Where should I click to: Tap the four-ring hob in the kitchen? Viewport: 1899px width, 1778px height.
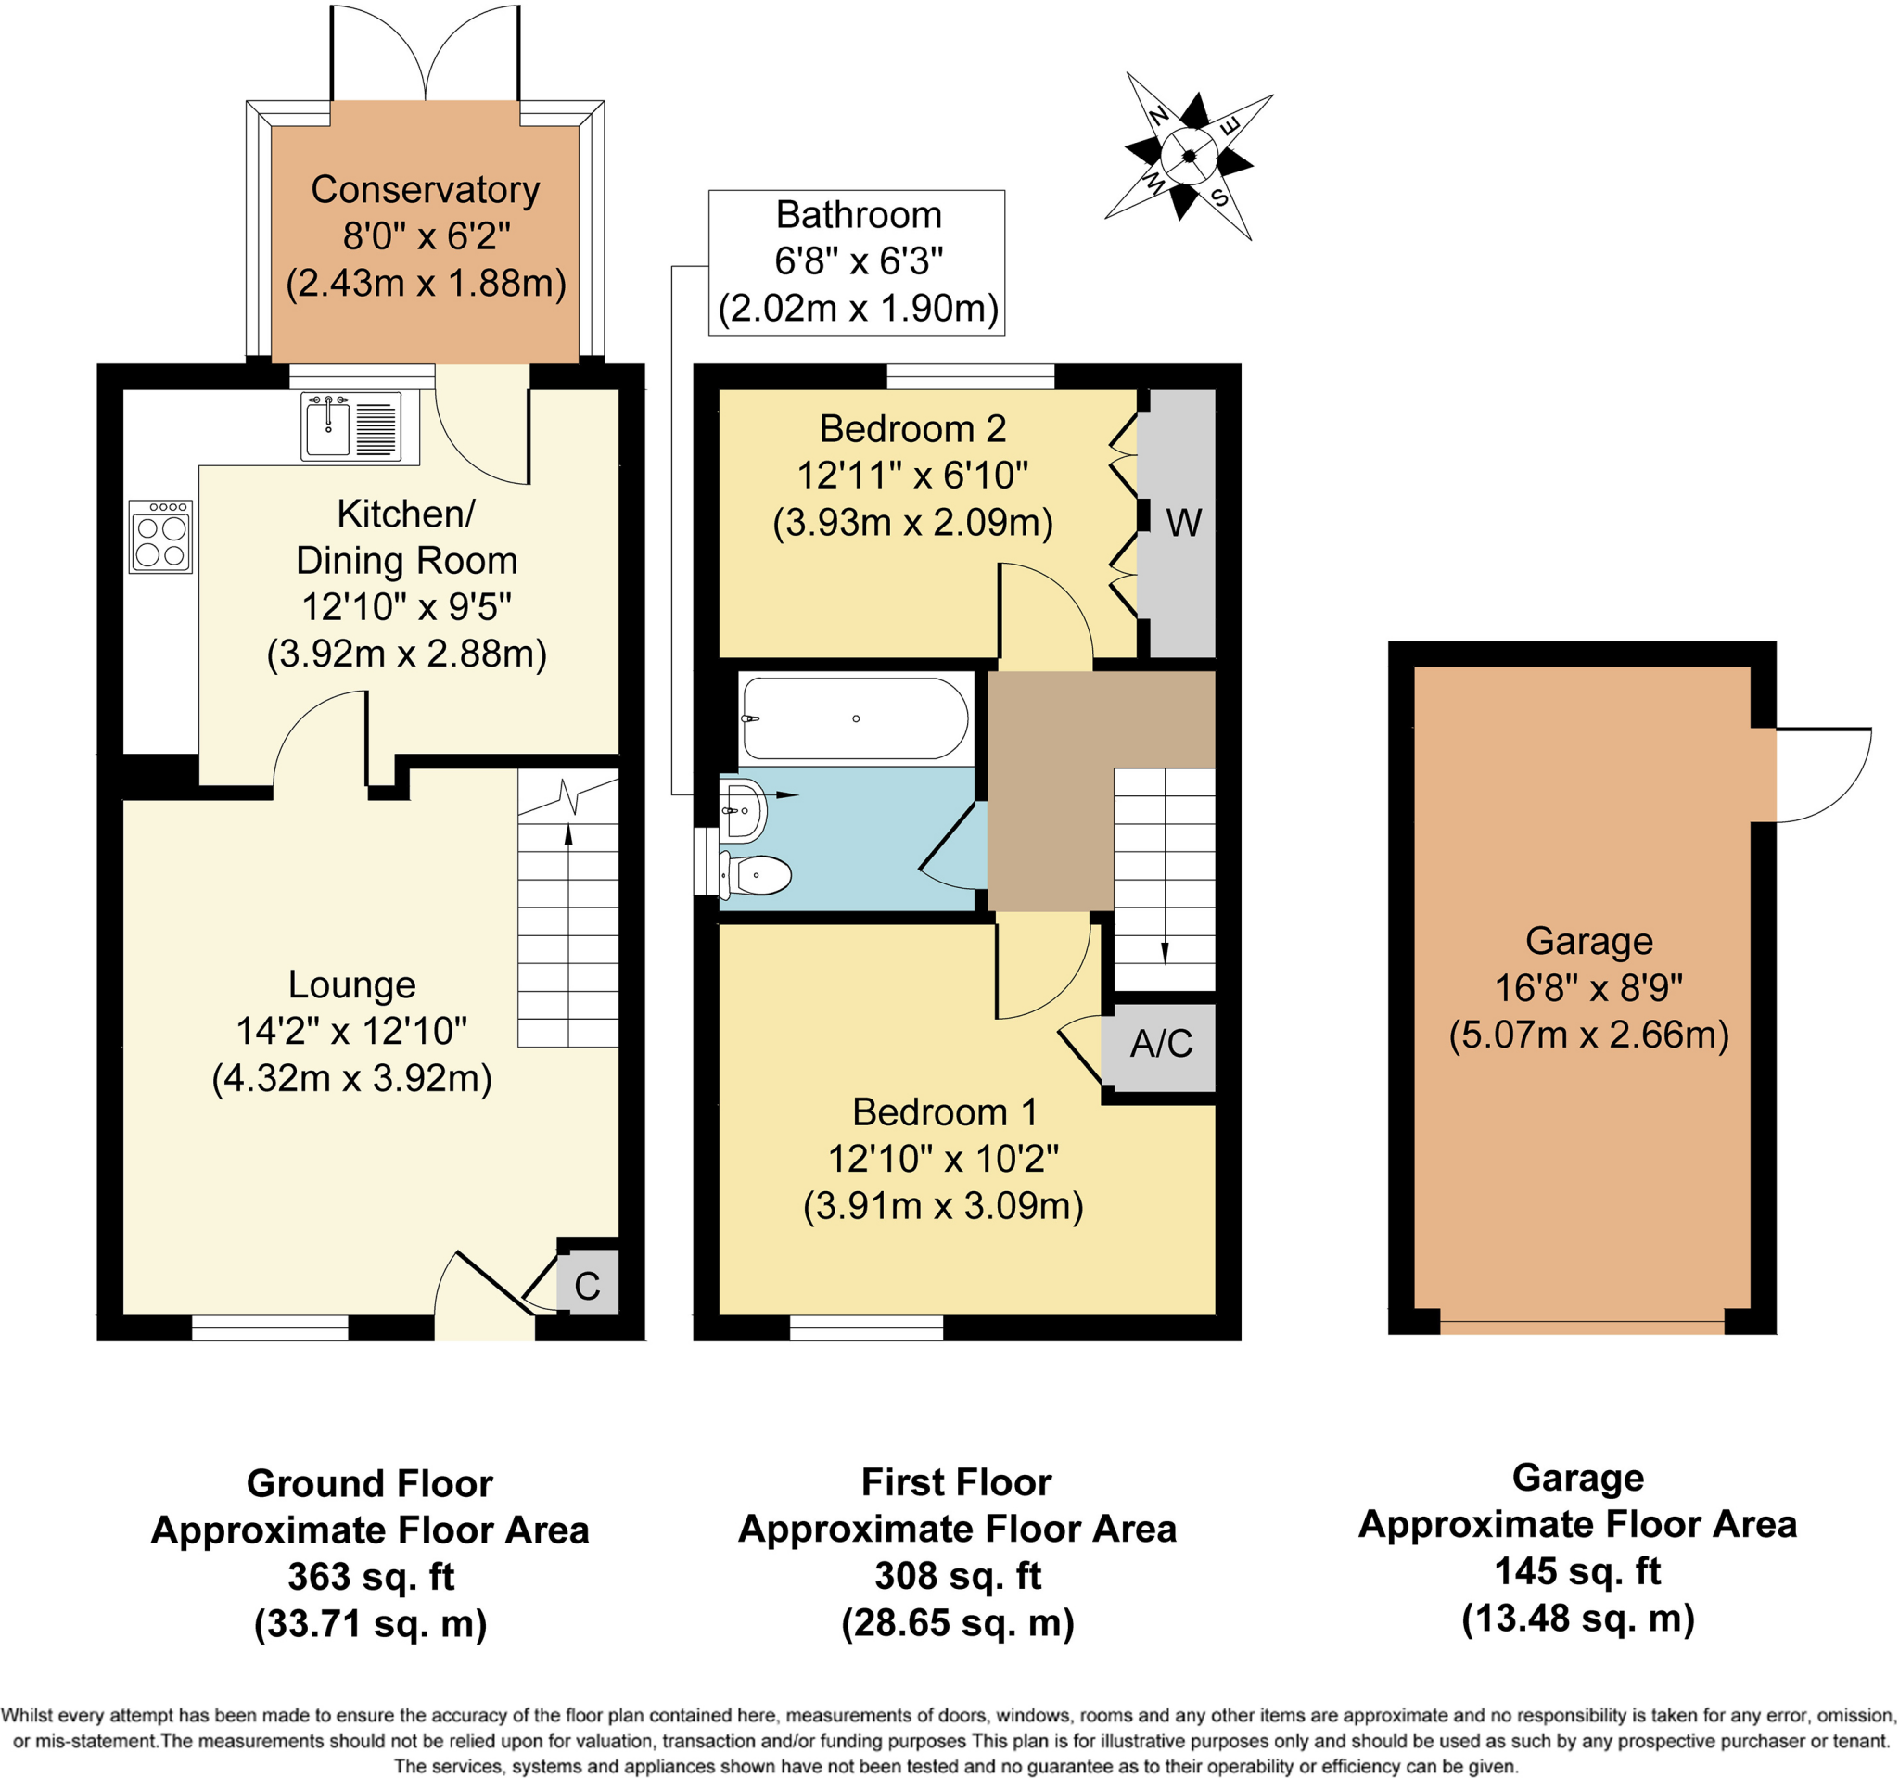tap(160, 538)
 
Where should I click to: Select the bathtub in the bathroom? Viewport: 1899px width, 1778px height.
tap(855, 718)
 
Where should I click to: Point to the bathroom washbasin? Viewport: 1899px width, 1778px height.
tap(745, 811)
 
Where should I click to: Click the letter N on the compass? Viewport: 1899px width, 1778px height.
tap(1158, 116)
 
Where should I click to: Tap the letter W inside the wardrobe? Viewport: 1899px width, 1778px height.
tap(1183, 523)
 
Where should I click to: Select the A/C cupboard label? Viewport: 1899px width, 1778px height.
tap(1161, 1044)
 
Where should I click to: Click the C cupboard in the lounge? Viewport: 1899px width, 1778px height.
tap(588, 1287)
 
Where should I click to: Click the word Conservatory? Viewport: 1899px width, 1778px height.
tap(425, 189)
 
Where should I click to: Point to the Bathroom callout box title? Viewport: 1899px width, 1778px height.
tap(858, 215)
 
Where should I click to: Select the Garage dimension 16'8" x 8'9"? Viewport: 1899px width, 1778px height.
tap(1588, 988)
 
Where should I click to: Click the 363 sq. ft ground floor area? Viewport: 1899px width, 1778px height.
tap(371, 1577)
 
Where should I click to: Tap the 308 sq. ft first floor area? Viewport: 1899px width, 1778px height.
tap(957, 1576)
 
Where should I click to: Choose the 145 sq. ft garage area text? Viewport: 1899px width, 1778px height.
tap(1577, 1570)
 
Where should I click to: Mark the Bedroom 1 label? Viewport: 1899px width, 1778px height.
tap(944, 1112)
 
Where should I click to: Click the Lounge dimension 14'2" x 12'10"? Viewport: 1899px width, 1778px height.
tap(351, 1031)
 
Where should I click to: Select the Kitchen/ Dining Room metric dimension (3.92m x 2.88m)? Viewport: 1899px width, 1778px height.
tap(406, 654)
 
